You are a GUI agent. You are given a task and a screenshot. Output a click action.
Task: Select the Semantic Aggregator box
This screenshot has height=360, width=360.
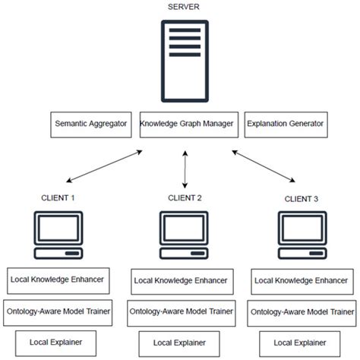click(x=91, y=124)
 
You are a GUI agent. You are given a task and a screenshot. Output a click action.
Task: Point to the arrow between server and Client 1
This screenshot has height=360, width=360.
click(x=105, y=166)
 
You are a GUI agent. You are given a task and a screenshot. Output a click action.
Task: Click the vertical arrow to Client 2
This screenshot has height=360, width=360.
click(x=185, y=169)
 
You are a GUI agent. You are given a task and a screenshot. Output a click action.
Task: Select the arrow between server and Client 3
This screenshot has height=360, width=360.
click(x=264, y=166)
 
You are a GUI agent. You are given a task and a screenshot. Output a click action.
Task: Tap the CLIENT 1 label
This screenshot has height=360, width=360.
click(x=58, y=198)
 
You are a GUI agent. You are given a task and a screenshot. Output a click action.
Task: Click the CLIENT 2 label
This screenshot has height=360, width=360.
click(x=185, y=198)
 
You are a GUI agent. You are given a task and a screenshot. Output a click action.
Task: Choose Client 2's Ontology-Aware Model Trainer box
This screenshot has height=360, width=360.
click(x=180, y=312)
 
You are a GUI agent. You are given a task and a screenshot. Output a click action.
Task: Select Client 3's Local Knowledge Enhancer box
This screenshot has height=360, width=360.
click(x=301, y=280)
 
